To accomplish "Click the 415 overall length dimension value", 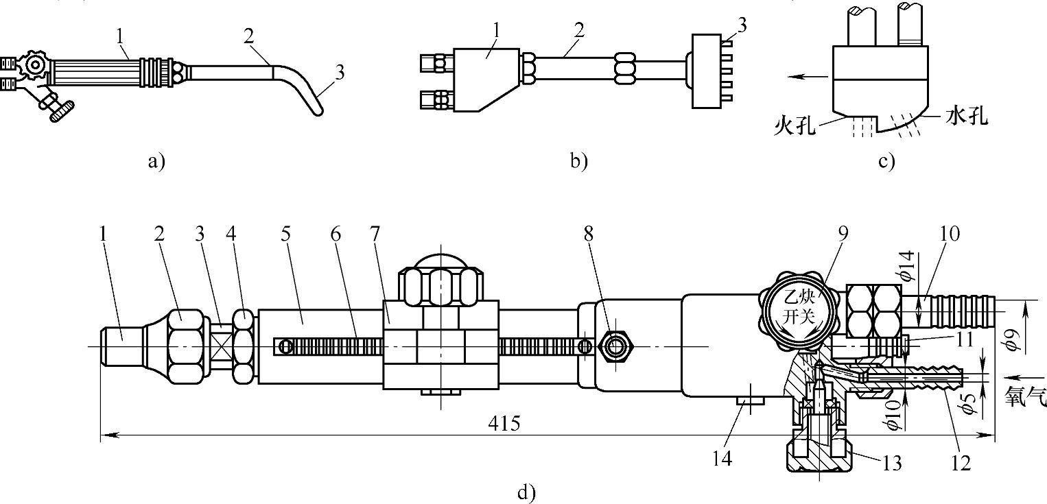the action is [x=504, y=424].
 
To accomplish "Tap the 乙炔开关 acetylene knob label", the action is [x=799, y=307].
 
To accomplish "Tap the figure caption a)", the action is [x=156, y=162].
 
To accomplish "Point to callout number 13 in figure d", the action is [x=891, y=463].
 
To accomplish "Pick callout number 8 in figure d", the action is [x=588, y=234].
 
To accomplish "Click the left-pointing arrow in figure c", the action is [x=808, y=77].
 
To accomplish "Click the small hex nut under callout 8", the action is [x=615, y=346].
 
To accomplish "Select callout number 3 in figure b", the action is [x=742, y=25].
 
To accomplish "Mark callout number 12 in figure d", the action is [x=961, y=462].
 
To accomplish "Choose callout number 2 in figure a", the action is [x=248, y=36].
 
